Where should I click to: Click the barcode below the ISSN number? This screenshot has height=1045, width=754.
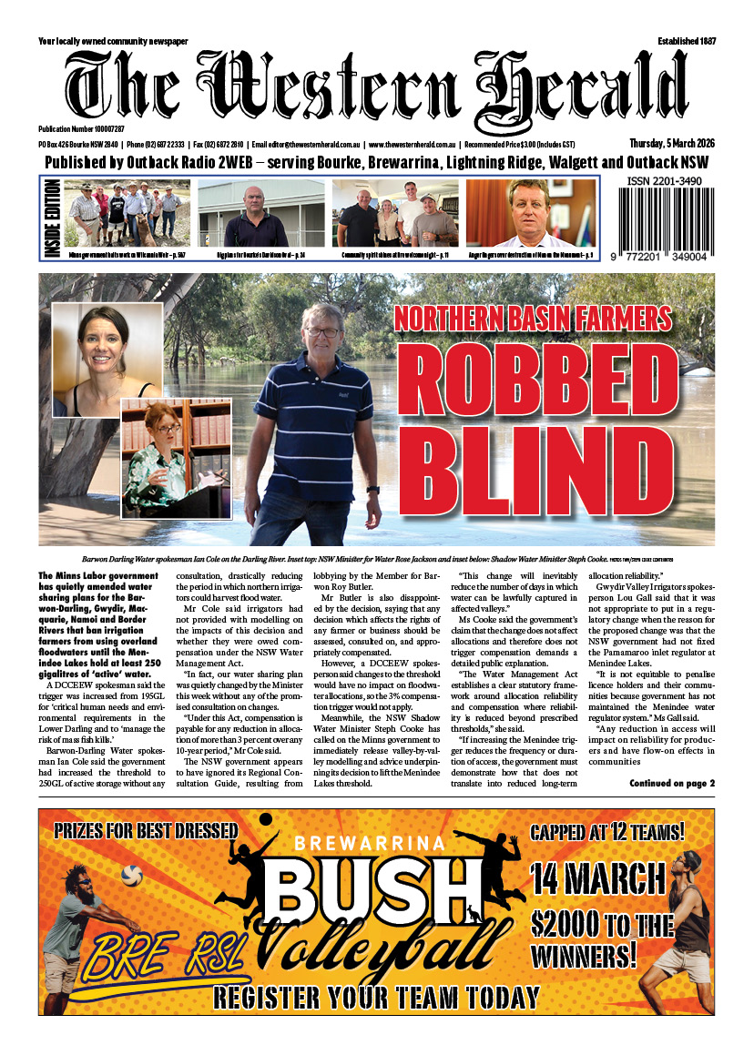668,225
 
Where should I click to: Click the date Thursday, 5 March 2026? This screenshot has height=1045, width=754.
671,144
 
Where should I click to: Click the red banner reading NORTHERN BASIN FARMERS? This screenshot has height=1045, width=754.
534,318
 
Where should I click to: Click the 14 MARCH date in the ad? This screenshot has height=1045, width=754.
611,879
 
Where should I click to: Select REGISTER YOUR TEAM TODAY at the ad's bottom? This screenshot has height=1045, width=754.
375,997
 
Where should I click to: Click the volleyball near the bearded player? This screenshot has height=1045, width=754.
133,876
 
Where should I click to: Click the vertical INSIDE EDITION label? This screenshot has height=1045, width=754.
51,218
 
